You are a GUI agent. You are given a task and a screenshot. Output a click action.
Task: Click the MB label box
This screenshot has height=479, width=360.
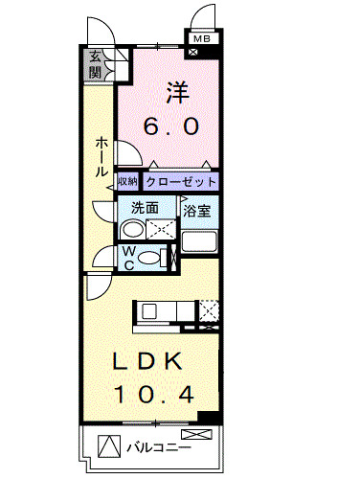click(201, 38)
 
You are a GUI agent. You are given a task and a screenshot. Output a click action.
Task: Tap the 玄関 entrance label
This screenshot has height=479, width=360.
click(96, 64)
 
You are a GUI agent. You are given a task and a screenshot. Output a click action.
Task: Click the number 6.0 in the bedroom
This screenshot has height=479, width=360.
click(173, 126)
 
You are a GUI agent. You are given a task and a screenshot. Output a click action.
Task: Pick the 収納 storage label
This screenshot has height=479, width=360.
click(128, 181)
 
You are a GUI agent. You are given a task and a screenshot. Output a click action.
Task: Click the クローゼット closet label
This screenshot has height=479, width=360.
click(181, 181)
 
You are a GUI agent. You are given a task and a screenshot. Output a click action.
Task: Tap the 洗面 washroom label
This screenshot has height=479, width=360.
click(146, 207)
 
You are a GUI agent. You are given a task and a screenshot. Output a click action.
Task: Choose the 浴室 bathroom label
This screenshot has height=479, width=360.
click(197, 207)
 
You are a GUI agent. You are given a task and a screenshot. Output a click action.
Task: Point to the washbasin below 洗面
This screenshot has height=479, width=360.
click(132, 231)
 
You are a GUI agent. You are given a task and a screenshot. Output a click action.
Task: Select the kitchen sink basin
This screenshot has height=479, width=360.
click(148, 311)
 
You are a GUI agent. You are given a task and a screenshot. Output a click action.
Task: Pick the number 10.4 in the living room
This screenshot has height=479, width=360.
click(156, 393)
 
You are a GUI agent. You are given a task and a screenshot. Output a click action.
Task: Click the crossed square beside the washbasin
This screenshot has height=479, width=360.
click(160, 230)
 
